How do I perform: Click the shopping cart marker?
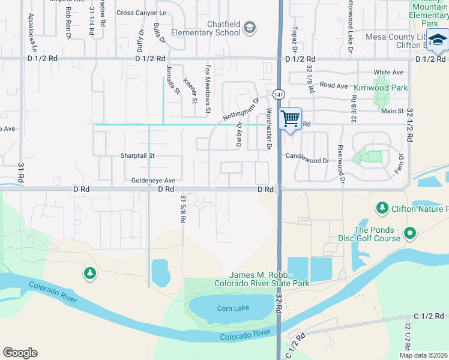click(291, 119)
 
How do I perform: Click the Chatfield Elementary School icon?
click(250, 26)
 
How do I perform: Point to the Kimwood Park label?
click(380, 88)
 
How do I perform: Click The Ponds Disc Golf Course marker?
click(410, 232)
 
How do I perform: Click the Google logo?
click(20, 352)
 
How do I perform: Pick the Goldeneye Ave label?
click(153, 181)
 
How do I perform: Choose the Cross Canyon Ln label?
click(142, 13)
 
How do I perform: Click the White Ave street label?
click(388, 73)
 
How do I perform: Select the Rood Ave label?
click(334, 86)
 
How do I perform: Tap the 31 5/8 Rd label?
click(182, 208)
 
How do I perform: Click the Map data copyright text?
click(423, 355)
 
